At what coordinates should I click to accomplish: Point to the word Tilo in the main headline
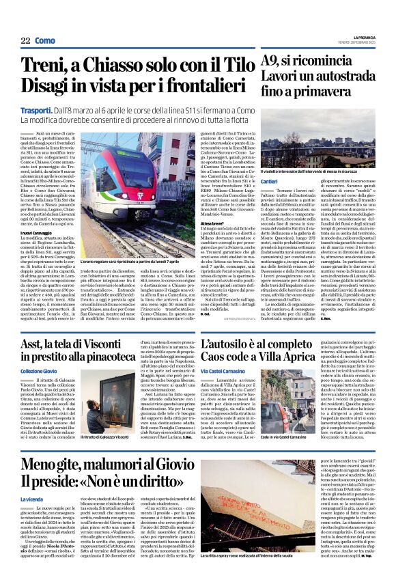tap(232, 66)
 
